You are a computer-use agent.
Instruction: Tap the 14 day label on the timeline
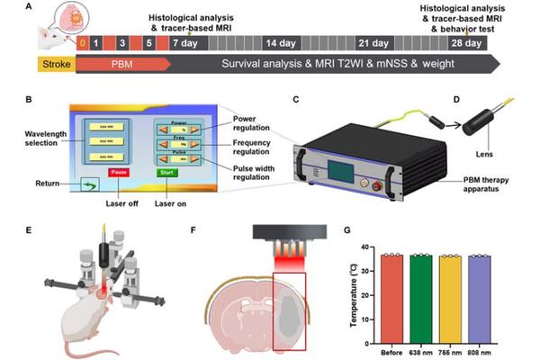click(x=275, y=42)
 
